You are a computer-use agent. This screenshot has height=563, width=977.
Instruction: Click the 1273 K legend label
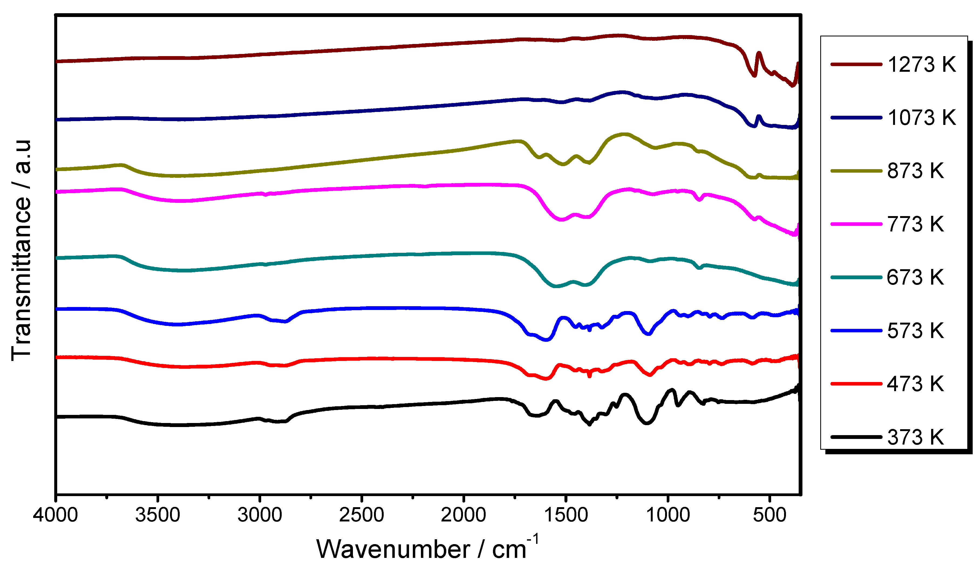click(921, 64)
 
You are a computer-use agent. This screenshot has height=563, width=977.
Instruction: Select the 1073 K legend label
click(921, 118)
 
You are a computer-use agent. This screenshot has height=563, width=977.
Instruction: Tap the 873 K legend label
click(915, 171)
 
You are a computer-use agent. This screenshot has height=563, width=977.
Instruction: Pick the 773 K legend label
click(915, 224)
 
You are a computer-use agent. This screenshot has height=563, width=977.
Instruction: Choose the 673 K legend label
click(915, 278)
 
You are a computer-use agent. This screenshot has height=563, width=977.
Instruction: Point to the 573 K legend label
click(915, 331)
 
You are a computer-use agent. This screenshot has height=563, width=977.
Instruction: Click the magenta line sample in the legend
click(856, 224)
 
